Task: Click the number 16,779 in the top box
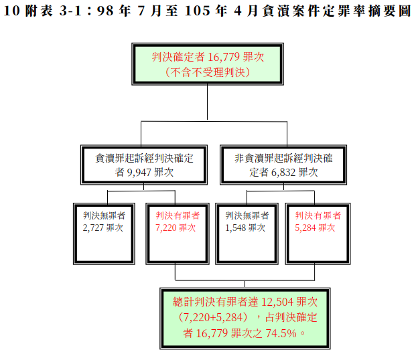pos(224,57)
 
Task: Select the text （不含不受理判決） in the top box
pos(208,72)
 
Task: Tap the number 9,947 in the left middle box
pos(139,173)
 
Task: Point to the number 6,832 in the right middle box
pos(283,173)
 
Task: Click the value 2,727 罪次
pos(103,228)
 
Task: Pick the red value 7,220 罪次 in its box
pos(176,228)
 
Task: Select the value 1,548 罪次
pos(245,228)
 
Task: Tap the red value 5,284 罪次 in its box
pos(315,228)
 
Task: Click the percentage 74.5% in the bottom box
pos(281,333)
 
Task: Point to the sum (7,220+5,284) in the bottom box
pos(213,317)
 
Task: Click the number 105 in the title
pos(198,11)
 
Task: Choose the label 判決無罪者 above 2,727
pos(104,215)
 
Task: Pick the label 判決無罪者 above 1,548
pos(247,215)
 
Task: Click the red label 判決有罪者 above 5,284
pos(318,215)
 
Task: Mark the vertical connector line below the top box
pos(207,102)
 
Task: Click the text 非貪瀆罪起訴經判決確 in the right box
pos(283,158)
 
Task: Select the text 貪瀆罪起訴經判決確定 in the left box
pos(144,158)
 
